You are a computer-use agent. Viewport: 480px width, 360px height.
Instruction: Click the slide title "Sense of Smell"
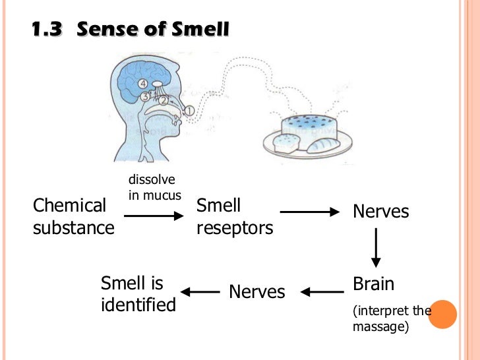point(153,30)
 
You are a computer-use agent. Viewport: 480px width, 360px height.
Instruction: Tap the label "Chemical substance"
point(73,217)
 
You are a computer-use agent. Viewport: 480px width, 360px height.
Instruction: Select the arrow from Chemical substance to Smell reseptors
point(154,216)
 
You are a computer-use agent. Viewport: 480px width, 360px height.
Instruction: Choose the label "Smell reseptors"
point(235,217)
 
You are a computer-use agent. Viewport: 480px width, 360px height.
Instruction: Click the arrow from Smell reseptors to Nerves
point(309,212)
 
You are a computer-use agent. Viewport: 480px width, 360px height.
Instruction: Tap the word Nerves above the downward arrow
point(380,212)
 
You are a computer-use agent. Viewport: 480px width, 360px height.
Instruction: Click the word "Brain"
point(373,284)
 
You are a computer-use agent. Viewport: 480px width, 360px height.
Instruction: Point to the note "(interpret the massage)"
point(389,318)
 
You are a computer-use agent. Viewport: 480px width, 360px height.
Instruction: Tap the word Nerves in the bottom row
point(256,291)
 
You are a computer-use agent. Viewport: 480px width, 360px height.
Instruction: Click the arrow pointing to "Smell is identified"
point(200,291)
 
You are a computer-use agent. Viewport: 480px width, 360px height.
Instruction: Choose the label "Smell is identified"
point(138,294)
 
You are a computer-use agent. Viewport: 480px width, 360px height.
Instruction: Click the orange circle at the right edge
point(443,314)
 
